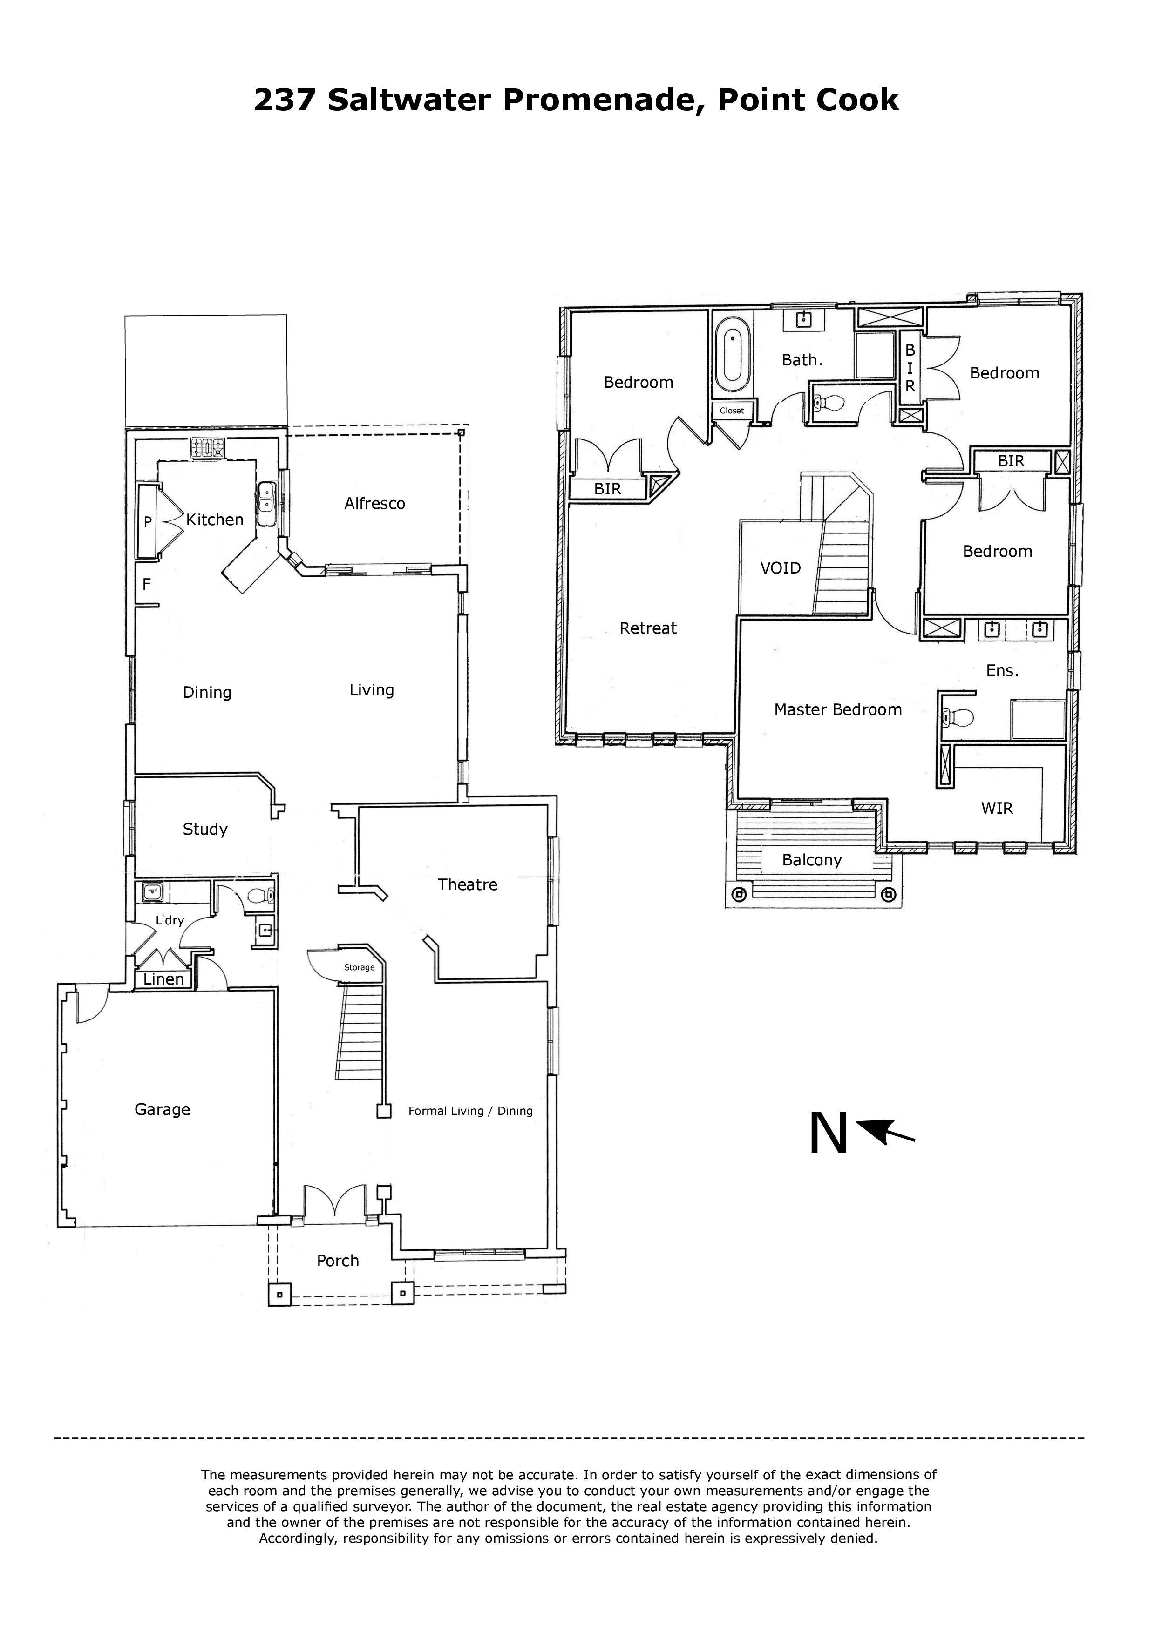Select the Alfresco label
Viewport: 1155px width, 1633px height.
pos(374,504)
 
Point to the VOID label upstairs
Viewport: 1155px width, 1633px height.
pos(781,568)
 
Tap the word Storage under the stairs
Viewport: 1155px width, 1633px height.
pos(360,967)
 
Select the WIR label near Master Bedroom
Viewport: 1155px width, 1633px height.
pos(997,808)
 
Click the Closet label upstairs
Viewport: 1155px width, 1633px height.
pos(732,411)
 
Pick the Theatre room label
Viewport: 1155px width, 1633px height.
pos(468,885)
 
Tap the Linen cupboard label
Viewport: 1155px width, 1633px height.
pos(163,979)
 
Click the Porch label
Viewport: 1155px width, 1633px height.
pos(338,1261)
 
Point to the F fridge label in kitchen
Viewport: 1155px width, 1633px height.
pos(147,585)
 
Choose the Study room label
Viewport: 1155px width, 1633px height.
pos(205,830)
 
